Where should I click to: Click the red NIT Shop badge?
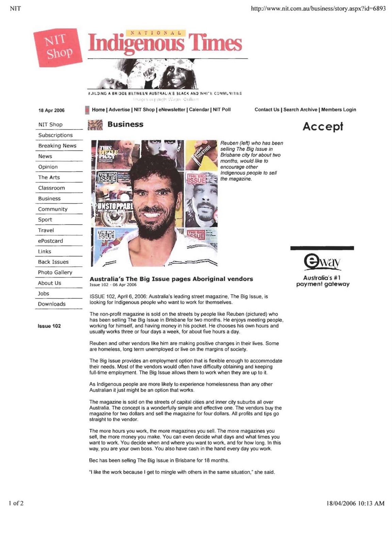pos(58,47)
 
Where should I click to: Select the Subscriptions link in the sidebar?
pos(55,135)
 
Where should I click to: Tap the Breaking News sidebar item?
pos(57,146)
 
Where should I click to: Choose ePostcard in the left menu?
pos(50,241)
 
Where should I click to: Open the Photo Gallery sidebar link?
pos(55,272)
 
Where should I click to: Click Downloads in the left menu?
pos(52,304)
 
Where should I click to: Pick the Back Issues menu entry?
pos(53,262)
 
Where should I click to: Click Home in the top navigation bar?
pos(98,110)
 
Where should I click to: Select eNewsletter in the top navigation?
pos(172,110)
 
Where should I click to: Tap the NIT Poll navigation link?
pos(222,110)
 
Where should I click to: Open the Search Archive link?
pos(300,110)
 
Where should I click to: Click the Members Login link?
pos(339,110)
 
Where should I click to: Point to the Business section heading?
pos(125,124)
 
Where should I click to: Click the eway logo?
pos(322,262)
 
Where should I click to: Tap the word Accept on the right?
pos(323,127)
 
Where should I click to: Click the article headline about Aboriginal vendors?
pos(171,279)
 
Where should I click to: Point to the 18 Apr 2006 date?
pos(51,110)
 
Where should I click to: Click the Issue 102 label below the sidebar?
pos(49,326)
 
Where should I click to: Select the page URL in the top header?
pos(318,9)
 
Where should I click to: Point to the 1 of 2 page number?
pos(16,503)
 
